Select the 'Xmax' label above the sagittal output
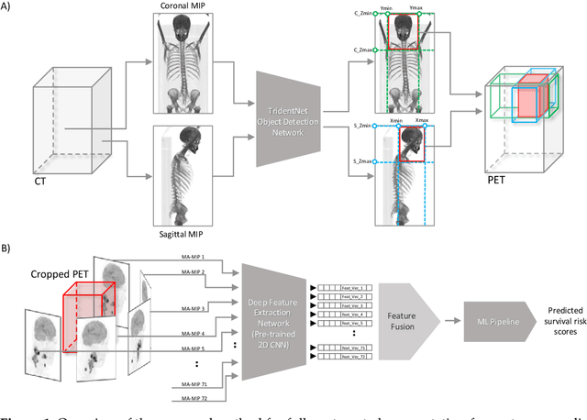(x=423, y=120)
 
